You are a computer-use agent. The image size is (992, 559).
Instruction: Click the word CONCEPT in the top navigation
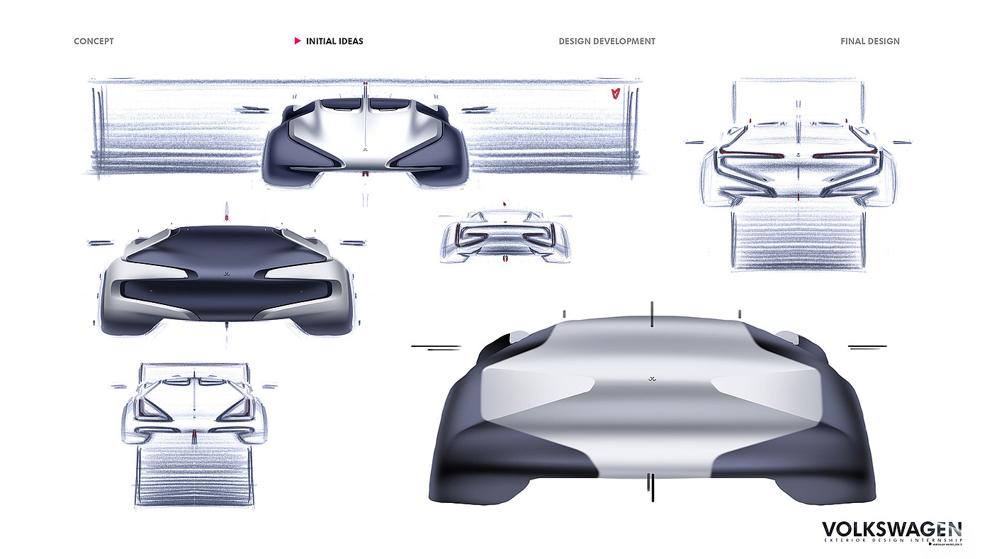[x=94, y=41]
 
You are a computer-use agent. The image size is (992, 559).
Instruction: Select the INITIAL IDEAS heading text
[x=334, y=41]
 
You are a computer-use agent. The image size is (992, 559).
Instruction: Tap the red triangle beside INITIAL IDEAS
[x=298, y=41]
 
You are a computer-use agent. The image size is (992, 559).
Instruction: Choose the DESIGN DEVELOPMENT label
[x=607, y=41]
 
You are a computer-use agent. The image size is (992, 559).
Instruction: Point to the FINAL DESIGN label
[x=869, y=41]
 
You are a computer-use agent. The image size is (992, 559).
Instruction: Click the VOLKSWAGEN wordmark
[x=891, y=529]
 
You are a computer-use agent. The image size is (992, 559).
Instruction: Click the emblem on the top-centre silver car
[x=365, y=150]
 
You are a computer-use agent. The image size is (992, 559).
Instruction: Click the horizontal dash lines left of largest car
[x=436, y=347]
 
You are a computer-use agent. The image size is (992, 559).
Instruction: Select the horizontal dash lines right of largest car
[x=867, y=347]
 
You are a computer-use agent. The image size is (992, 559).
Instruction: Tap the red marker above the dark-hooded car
[x=226, y=210]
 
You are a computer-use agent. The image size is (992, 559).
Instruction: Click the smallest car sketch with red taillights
[x=505, y=236]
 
